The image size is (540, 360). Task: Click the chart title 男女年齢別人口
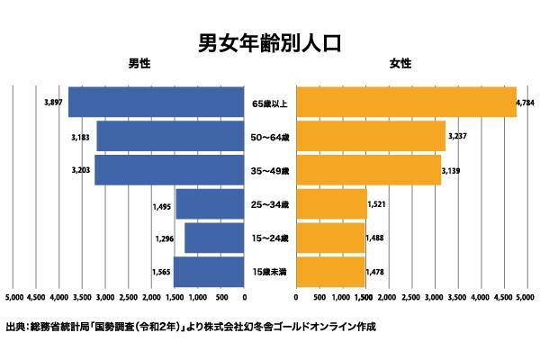pos(269,42)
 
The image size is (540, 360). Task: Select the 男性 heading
pos(139,66)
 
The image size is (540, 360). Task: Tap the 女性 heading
pos(400,66)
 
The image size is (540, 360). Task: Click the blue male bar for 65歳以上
pos(157,103)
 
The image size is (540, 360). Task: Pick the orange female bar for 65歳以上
pos(405,103)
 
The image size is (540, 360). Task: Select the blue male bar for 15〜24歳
pos(214,238)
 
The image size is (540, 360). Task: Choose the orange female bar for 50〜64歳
pos(370,136)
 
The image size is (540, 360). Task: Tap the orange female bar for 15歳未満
pos(329,272)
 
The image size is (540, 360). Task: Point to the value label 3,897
pos(53,103)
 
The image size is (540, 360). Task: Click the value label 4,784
pos(526,103)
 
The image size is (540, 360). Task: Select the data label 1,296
pos(166,238)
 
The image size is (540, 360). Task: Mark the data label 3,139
pos(452,170)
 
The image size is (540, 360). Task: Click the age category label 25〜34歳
pos(270,204)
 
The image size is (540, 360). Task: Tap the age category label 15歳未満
pos(270,272)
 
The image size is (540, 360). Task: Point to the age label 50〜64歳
pos(270,137)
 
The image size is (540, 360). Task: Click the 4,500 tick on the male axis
pos(36,296)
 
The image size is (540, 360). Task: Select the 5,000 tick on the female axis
pos(525,296)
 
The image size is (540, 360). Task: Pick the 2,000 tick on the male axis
pos(152,296)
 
